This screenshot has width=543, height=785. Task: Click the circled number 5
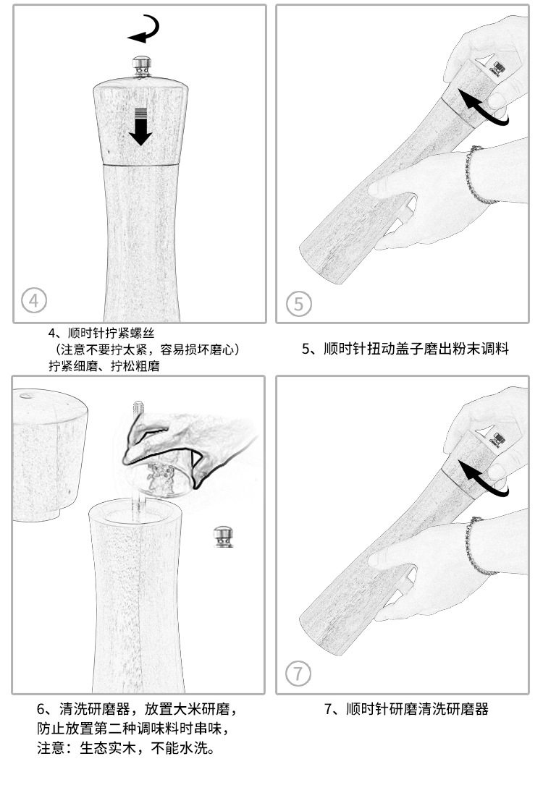(x=299, y=304)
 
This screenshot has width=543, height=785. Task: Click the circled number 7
(x=298, y=674)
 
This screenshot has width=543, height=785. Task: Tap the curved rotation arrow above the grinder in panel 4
(x=144, y=29)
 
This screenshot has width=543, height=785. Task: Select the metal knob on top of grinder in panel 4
(x=141, y=67)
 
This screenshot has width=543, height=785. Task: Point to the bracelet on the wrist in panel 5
(x=475, y=177)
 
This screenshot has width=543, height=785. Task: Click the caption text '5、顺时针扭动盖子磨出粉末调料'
(x=405, y=349)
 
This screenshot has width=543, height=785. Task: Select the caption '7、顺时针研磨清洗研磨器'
(x=405, y=709)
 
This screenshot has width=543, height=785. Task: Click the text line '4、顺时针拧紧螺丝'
(x=101, y=334)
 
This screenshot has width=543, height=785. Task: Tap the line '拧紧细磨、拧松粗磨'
(x=104, y=366)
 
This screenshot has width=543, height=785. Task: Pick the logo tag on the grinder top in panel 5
(x=500, y=67)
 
